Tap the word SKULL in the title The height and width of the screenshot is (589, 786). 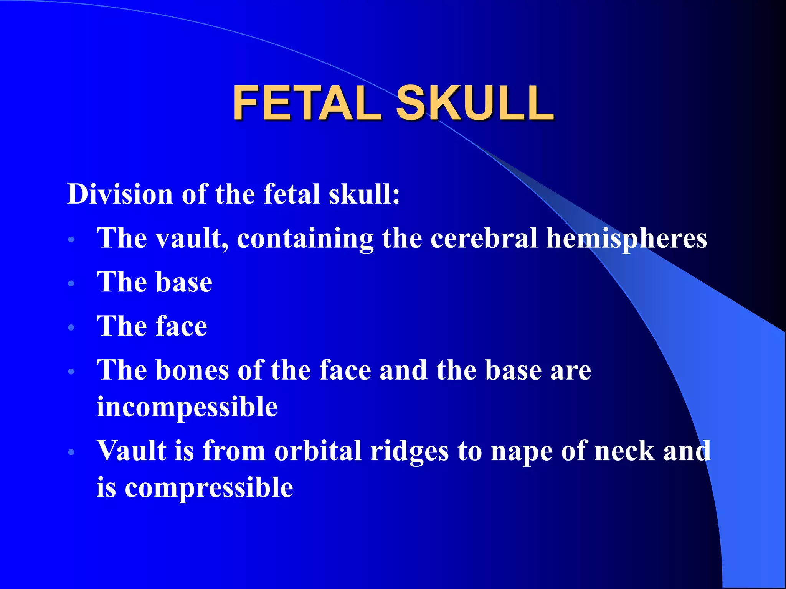(475, 103)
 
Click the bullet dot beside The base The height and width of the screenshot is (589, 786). (71, 284)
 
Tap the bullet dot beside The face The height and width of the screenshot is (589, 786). (71, 327)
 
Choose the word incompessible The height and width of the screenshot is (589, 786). (187, 407)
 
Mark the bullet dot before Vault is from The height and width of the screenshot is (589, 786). (71, 452)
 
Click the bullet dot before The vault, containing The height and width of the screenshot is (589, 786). (71, 240)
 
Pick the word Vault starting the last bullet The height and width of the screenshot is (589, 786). (131, 451)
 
